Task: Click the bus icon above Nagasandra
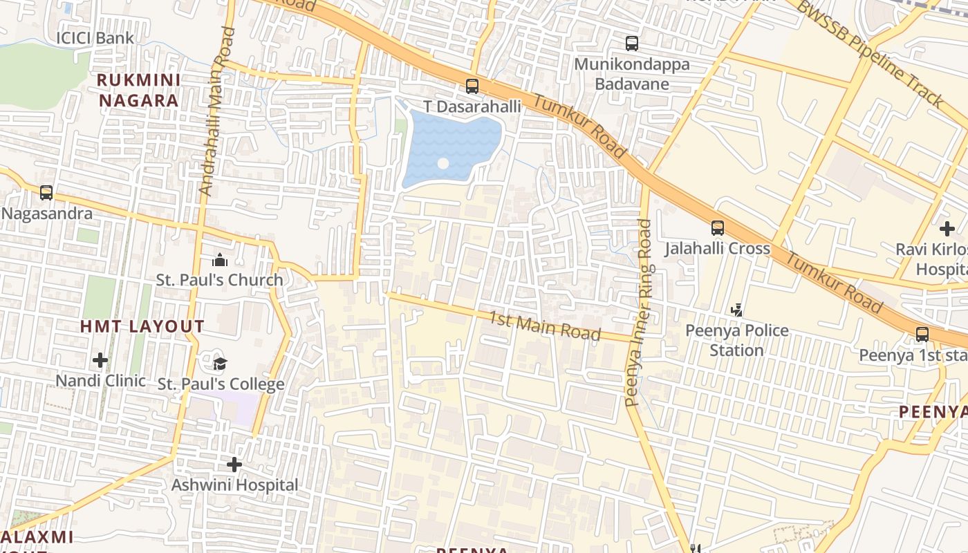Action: tap(46, 193)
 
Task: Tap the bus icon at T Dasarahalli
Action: tap(472, 86)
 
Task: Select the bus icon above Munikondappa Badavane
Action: tap(632, 44)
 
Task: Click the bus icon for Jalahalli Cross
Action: tap(718, 227)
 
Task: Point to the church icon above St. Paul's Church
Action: tap(220, 260)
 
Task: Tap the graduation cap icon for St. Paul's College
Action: tap(220, 364)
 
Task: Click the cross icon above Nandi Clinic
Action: tap(100, 360)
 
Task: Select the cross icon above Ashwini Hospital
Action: tap(234, 465)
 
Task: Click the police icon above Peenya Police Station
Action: tap(738, 310)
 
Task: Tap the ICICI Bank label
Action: tap(95, 38)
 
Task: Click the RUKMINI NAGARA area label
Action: tap(139, 90)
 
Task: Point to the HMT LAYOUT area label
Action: tap(142, 326)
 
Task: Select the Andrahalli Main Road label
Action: tap(216, 111)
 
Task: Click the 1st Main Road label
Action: tap(545, 326)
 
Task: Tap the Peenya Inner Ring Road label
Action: tap(638, 312)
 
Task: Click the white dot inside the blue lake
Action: tap(443, 164)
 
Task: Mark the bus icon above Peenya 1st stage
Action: tap(922, 335)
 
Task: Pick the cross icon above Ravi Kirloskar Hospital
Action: tap(947, 228)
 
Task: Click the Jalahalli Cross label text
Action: tap(717, 248)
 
